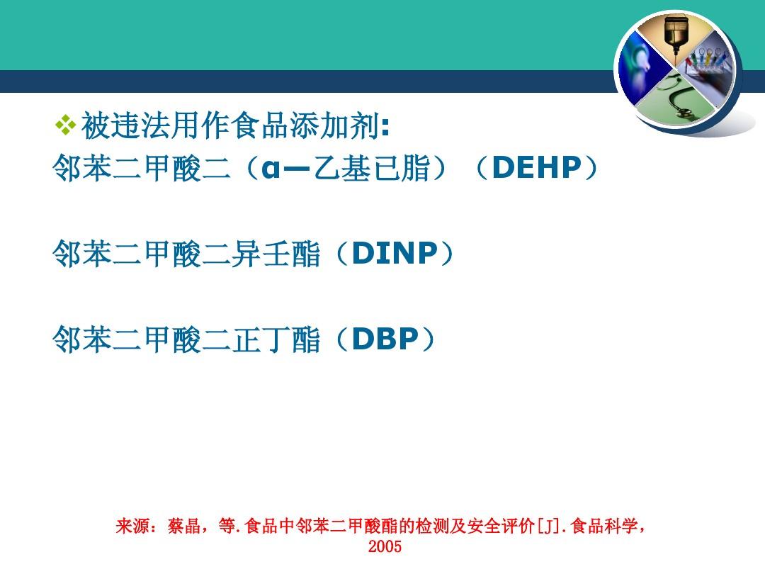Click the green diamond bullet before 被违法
65,126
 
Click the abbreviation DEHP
536,168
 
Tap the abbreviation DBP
385,339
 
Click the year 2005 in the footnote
385,546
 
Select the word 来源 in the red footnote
133,527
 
